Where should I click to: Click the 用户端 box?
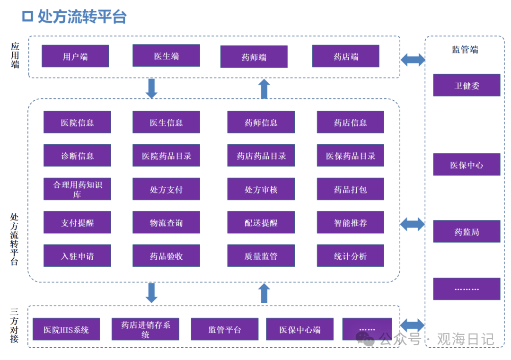click(75, 56)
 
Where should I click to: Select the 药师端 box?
click(254, 57)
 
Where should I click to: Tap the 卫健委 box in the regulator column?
click(467, 85)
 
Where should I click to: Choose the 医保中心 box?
click(467, 165)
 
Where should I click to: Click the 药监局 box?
click(467, 231)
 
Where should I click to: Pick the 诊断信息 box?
click(77, 156)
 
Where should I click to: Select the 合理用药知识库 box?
click(77, 189)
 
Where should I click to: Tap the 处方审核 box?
click(261, 189)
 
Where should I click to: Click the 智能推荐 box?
click(350, 222)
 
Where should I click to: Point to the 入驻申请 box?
click(77, 256)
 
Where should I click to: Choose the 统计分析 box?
click(350, 256)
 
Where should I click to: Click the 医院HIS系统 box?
click(66, 329)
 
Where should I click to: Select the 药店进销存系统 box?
click(145, 329)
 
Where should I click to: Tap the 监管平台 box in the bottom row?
click(225, 329)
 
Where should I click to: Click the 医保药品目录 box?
click(350, 156)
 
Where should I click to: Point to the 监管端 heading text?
click(465, 50)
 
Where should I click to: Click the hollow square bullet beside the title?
click(27, 16)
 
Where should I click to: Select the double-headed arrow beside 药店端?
click(413, 60)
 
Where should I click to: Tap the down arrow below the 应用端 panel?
click(151, 88)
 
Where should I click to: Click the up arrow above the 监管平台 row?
click(264, 293)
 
